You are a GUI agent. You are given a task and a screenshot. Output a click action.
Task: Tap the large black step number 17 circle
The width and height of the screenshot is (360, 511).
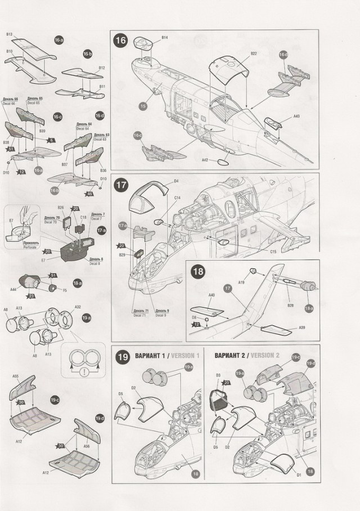121,185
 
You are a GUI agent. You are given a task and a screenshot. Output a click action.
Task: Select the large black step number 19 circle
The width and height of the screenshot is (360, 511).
122,357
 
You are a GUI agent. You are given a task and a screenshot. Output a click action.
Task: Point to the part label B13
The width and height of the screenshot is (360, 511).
10,34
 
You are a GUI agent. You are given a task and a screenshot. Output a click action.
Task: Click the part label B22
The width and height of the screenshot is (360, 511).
253,53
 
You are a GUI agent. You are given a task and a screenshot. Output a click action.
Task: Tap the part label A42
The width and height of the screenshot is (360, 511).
205,160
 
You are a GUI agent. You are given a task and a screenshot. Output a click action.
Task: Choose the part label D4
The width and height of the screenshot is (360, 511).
176,181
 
